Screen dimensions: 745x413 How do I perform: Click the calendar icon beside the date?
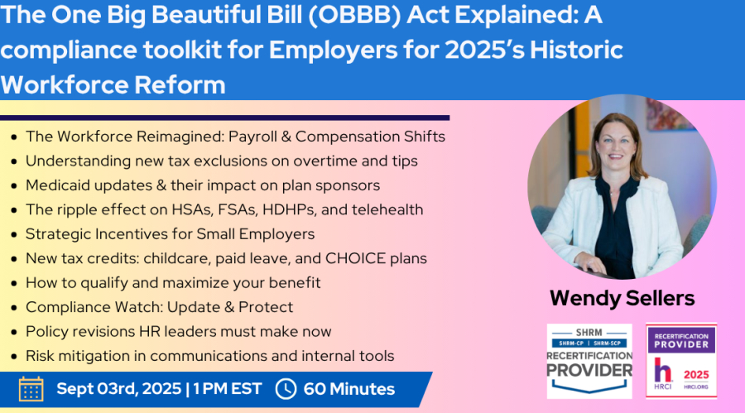tap(31, 389)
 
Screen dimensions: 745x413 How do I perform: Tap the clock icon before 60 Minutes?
tap(286, 389)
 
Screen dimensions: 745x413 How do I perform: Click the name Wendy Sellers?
tap(622, 299)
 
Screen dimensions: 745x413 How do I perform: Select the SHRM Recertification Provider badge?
tap(589, 361)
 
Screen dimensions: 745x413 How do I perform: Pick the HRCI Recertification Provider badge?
tap(681, 361)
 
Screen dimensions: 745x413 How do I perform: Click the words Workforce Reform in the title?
tap(113, 85)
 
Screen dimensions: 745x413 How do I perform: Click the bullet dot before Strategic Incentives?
tap(14, 235)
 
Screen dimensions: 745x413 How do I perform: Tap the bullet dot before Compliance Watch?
tap(14, 308)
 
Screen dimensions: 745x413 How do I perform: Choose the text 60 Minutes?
tap(349, 389)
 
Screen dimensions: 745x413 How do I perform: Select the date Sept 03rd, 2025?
tap(118, 389)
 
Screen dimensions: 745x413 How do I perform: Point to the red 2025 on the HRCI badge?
tap(696, 375)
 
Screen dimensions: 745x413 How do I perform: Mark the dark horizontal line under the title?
tap(224, 118)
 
